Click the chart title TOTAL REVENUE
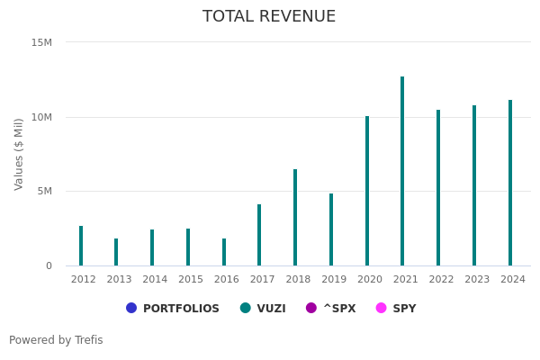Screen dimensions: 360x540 click(x=269, y=17)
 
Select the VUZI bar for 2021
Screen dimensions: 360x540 click(x=402, y=171)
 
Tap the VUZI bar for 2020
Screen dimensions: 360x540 click(x=367, y=191)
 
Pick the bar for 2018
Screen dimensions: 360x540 click(x=295, y=218)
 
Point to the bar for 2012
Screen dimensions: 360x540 click(x=81, y=246)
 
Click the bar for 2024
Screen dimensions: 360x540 click(x=510, y=183)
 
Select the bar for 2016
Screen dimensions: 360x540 click(x=224, y=252)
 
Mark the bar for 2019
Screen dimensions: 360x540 click(x=331, y=229)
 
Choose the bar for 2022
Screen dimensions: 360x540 click(x=438, y=188)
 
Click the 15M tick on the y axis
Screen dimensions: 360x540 click(x=41, y=42)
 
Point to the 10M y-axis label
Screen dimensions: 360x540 click(x=41, y=117)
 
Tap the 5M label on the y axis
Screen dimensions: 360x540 click(x=44, y=191)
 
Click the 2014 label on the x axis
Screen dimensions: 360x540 click(x=155, y=280)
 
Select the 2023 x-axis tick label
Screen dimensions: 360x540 click(x=477, y=280)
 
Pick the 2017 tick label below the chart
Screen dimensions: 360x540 click(x=262, y=280)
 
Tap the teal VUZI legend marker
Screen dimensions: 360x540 click(x=246, y=308)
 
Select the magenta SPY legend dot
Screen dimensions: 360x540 click(x=381, y=308)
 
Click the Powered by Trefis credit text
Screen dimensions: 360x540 click(x=56, y=340)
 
